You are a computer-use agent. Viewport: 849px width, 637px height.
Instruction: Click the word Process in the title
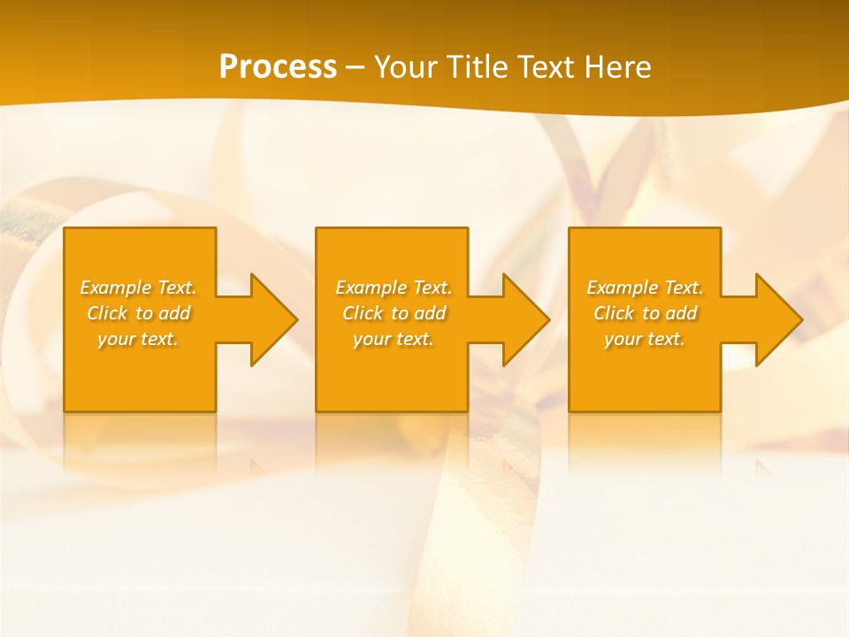[x=278, y=67]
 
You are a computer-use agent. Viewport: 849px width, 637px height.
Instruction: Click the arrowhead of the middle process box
[x=524, y=320]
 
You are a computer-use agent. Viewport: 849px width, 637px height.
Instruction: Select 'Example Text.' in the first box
[x=138, y=288]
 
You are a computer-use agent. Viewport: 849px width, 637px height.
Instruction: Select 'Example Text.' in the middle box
[x=394, y=288]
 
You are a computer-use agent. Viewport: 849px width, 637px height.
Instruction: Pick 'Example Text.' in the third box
[x=645, y=288]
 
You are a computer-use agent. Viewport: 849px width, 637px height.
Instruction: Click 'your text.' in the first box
[x=138, y=339]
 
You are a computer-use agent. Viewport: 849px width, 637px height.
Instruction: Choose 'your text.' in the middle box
[x=394, y=339]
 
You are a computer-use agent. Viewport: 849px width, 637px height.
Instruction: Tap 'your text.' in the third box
[x=645, y=339]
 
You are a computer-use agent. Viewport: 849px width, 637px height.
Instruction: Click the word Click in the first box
[x=107, y=313]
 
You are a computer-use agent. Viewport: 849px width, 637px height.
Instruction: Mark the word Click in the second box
[x=363, y=313]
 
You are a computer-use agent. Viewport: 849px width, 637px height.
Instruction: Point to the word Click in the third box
[x=614, y=313]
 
